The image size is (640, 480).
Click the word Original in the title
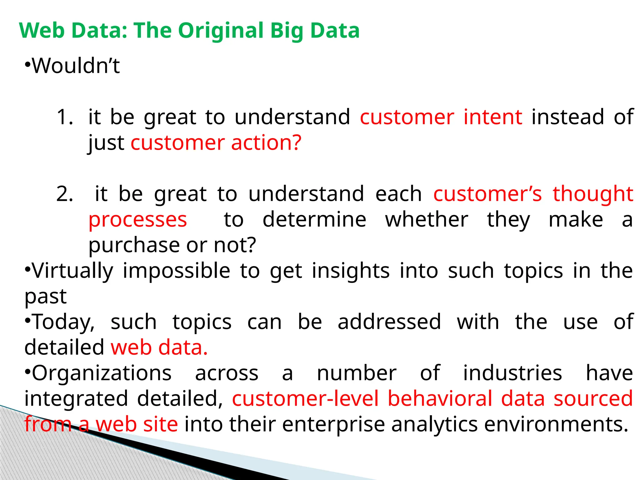click(x=221, y=31)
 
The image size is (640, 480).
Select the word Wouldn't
click(x=76, y=66)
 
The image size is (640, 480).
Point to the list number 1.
click(x=65, y=117)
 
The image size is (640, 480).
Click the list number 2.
click(x=65, y=194)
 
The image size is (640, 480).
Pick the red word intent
click(x=492, y=117)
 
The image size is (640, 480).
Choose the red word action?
click(x=266, y=143)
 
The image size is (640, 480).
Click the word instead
click(x=568, y=117)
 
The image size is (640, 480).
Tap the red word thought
click(x=593, y=194)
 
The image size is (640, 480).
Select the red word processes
click(x=138, y=220)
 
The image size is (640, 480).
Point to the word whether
click(x=427, y=220)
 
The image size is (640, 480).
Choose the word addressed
click(x=389, y=322)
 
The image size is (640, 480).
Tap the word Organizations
click(x=102, y=373)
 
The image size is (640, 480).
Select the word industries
click(x=512, y=373)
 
